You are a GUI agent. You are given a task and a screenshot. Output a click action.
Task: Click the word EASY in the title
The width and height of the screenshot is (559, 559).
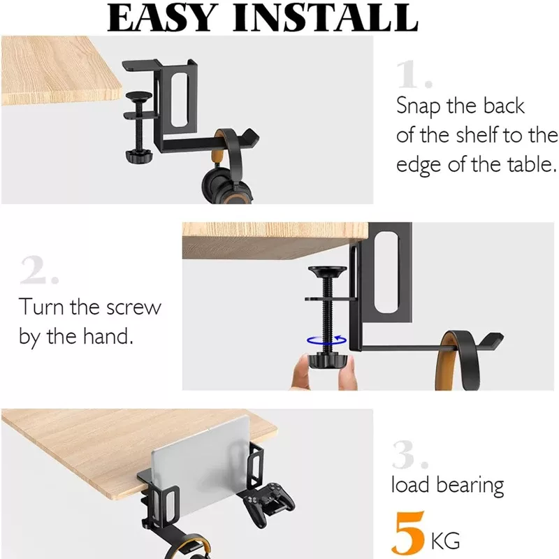click(x=163, y=18)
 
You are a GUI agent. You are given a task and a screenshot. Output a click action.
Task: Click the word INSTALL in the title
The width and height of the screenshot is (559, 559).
click(x=326, y=18)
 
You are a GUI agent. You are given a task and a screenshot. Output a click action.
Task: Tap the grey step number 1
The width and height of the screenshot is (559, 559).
click(x=414, y=74)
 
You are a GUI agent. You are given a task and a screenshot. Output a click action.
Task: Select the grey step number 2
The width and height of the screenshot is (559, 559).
click(x=40, y=270)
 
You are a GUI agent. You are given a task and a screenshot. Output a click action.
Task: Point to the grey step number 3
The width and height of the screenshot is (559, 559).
click(x=410, y=455)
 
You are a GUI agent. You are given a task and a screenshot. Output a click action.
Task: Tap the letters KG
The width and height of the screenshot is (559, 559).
click(x=445, y=541)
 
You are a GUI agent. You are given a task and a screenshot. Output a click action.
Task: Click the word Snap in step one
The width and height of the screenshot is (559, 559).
click(x=418, y=107)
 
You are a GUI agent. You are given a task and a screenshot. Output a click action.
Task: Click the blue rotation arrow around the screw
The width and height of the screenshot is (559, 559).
click(x=326, y=340)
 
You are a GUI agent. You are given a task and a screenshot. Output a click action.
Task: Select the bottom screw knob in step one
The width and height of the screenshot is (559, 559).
click(x=139, y=156)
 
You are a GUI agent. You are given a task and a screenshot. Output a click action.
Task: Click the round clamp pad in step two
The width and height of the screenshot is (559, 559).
click(x=327, y=272)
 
